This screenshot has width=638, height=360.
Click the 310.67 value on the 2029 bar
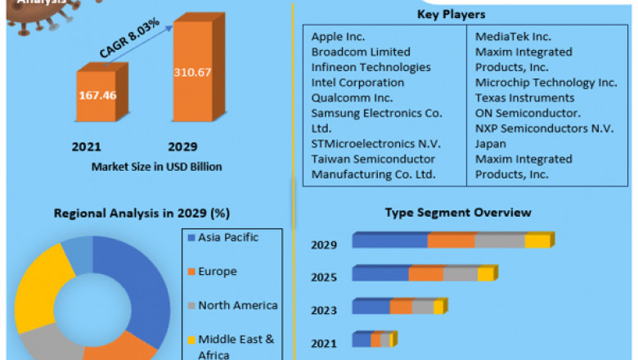tap(192, 72)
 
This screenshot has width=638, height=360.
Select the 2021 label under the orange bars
tap(86, 147)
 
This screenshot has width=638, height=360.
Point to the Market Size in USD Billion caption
tap(156, 167)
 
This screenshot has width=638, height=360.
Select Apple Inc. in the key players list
tap(338, 37)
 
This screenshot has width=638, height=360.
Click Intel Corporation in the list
tap(357, 83)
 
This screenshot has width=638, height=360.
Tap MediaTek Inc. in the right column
tap(513, 37)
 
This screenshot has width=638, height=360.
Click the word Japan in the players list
tap(492, 144)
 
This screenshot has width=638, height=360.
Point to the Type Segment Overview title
tap(458, 213)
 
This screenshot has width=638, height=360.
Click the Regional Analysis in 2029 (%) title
tap(142, 214)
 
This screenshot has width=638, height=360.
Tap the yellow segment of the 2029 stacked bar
tap(537, 241)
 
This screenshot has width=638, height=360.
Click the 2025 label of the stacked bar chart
tap(324, 277)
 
